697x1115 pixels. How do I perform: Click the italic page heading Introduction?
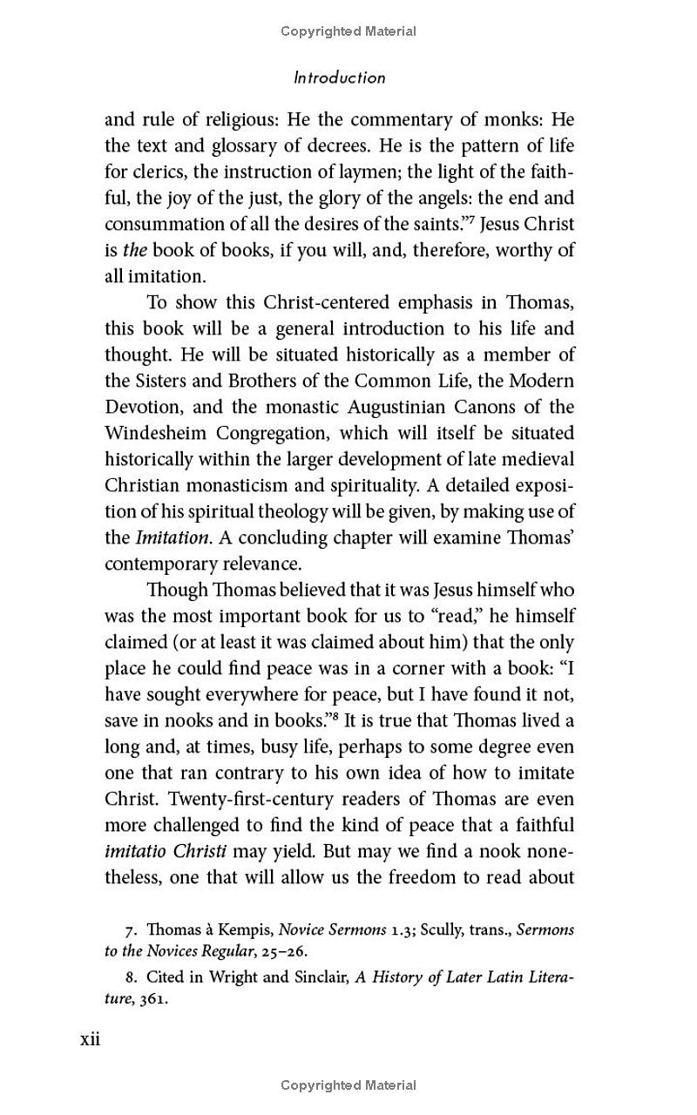click(x=339, y=78)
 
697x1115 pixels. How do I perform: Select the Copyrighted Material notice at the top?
click(x=348, y=31)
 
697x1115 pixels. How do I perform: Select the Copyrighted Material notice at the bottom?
click(x=348, y=1085)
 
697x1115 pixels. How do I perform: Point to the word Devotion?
click(x=142, y=407)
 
